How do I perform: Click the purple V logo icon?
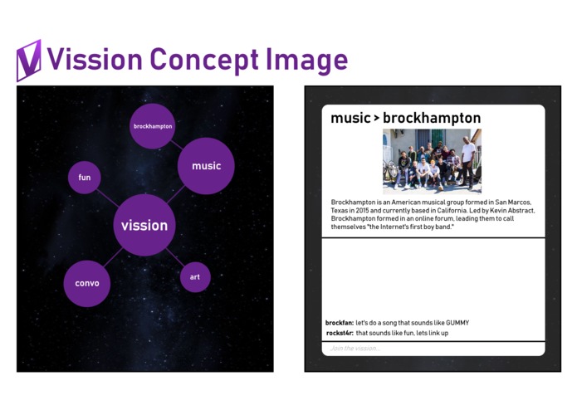click(28, 61)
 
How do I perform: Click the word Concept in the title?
click(202, 60)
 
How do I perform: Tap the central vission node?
click(144, 226)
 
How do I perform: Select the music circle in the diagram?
click(206, 166)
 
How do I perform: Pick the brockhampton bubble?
click(153, 126)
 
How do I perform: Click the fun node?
click(85, 178)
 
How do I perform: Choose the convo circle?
click(87, 283)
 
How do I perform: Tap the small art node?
click(195, 277)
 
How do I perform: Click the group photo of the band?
click(432, 160)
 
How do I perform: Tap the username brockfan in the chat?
click(339, 322)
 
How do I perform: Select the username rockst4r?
click(340, 333)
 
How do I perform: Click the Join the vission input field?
click(433, 349)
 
